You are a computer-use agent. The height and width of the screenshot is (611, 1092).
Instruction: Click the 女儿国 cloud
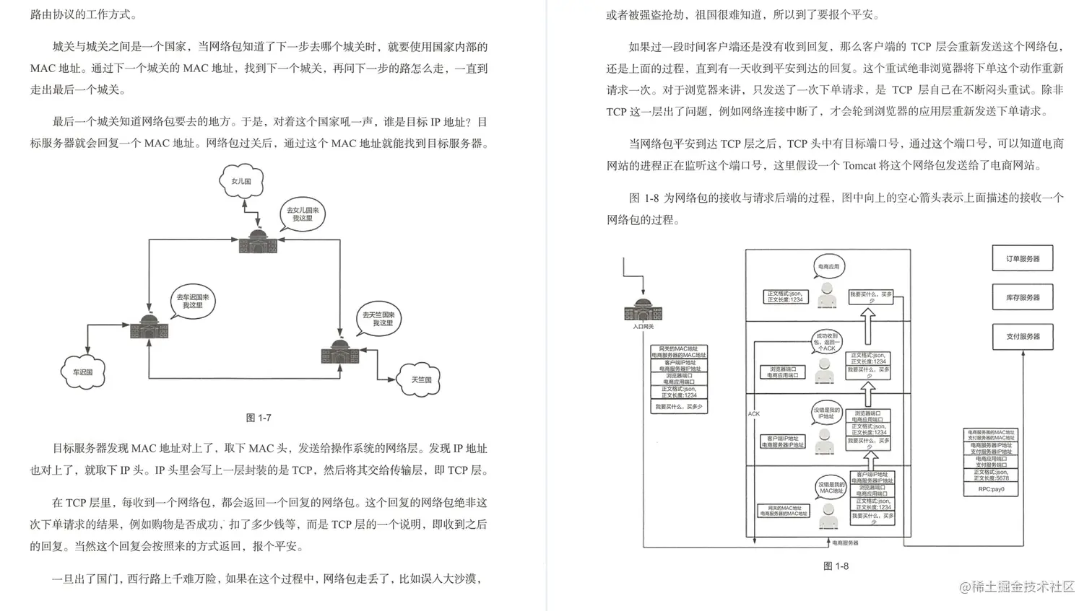click(x=241, y=181)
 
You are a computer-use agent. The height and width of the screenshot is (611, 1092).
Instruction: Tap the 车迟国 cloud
click(x=82, y=372)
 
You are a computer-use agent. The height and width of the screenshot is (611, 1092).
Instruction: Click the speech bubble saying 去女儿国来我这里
click(x=303, y=214)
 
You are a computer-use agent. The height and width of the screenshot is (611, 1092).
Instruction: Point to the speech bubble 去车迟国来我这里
click(x=192, y=301)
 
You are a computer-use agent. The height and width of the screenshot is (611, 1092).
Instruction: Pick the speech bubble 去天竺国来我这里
click(x=378, y=319)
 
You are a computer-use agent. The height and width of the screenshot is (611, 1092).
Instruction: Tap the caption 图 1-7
click(x=259, y=418)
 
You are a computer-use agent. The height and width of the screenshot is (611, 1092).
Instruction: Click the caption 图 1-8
click(x=836, y=566)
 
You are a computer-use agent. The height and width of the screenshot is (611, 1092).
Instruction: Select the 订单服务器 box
click(x=1022, y=258)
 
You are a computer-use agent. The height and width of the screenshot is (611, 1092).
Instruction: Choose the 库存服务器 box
click(x=1022, y=297)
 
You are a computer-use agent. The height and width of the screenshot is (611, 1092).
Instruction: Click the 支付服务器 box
click(x=1022, y=336)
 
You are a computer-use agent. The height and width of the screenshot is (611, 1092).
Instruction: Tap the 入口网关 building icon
click(x=642, y=310)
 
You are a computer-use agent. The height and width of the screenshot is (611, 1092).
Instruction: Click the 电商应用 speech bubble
click(x=828, y=266)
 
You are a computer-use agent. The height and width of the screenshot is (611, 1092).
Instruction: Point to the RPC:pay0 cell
click(x=991, y=489)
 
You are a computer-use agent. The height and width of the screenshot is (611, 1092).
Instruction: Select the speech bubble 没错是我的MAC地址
click(x=831, y=488)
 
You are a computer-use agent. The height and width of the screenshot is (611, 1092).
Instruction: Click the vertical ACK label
click(x=754, y=413)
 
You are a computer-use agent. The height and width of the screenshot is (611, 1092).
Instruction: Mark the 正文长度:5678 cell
click(x=991, y=475)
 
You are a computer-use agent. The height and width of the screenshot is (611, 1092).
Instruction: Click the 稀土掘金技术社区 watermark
click(x=1018, y=587)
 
